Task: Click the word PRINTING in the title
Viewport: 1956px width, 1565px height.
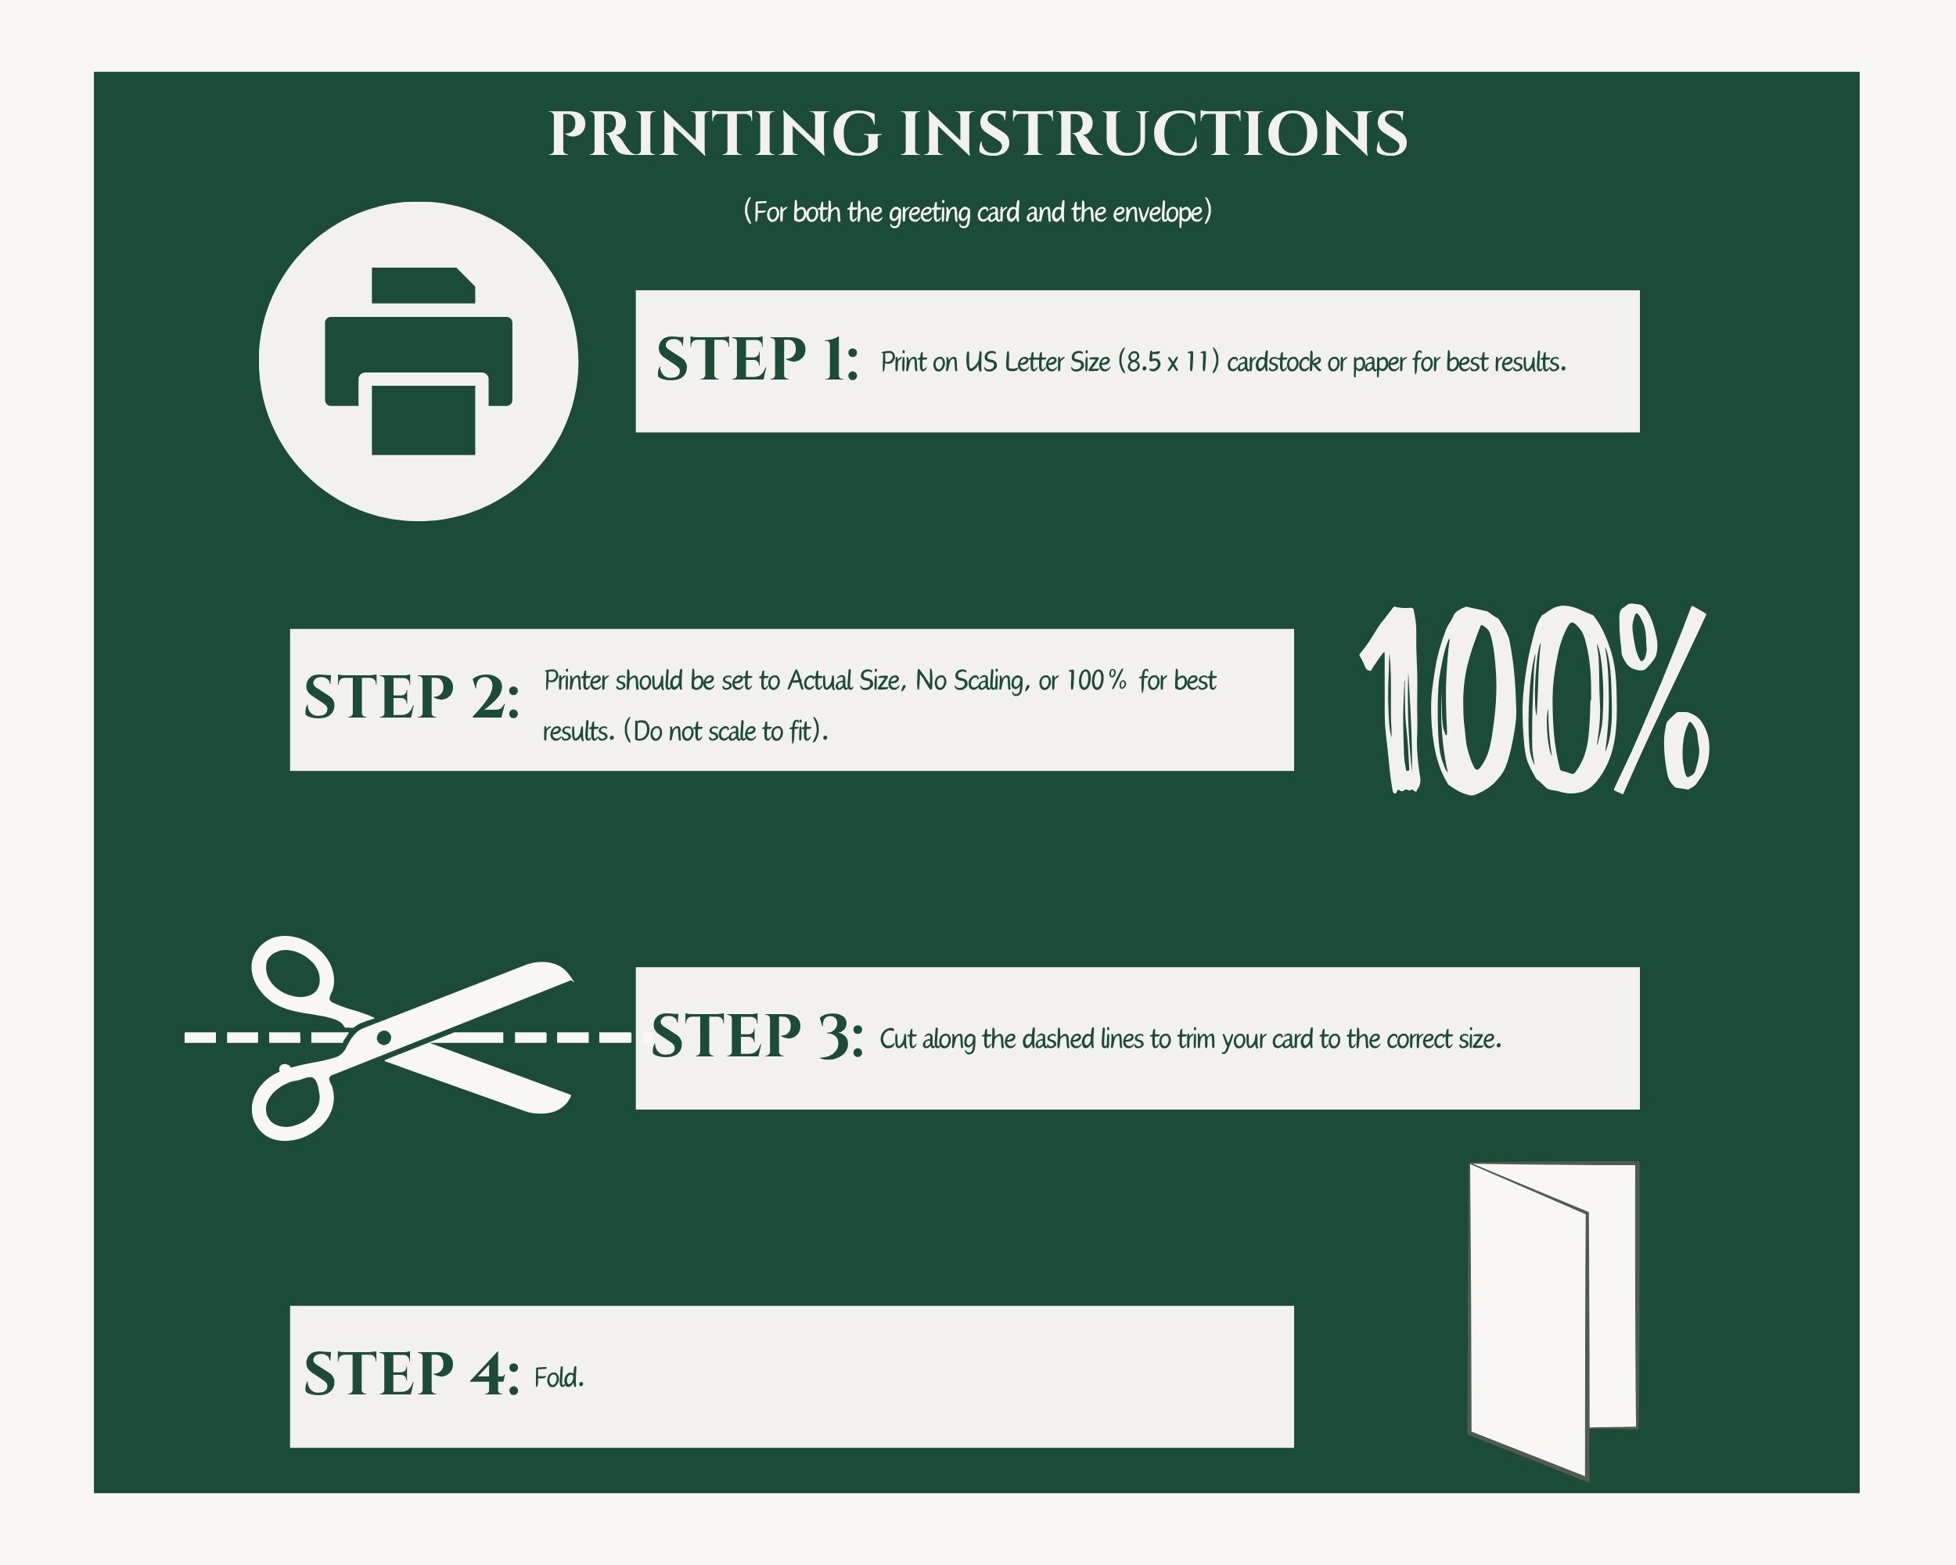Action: click(715, 135)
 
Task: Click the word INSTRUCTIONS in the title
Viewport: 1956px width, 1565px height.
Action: click(1153, 135)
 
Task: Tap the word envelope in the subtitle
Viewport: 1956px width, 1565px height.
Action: click(1162, 213)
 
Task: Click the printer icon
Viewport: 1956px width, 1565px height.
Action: click(419, 361)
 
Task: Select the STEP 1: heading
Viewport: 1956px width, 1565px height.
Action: click(757, 359)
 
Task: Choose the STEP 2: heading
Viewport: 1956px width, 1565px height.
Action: click(412, 698)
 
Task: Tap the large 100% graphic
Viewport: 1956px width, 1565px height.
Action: click(1534, 700)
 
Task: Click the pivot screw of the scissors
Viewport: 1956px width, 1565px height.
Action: click(383, 1037)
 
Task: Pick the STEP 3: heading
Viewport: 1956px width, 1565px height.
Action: click(757, 1036)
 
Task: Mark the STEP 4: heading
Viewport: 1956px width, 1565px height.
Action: click(412, 1375)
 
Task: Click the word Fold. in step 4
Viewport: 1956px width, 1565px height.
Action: click(559, 1378)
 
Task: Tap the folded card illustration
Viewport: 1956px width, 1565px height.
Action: click(1553, 1320)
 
